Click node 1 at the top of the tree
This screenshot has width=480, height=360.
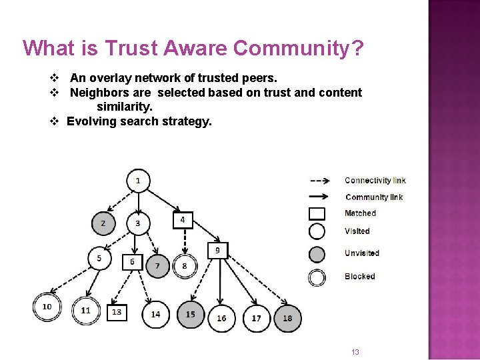138,181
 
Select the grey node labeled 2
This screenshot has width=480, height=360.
103,223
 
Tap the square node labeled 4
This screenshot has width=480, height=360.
183,220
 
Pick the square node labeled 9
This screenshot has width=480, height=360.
217,251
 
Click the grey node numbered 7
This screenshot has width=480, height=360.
158,266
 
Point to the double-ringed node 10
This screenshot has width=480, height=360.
47,307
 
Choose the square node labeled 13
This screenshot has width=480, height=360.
117,312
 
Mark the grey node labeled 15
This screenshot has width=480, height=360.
191,315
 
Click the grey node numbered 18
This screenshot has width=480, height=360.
287,318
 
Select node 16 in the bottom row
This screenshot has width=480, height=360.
221,318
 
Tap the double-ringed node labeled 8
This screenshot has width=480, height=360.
185,266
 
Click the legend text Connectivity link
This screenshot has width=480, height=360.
375,181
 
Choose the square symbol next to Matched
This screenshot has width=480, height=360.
317,213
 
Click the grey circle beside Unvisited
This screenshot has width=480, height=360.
317,254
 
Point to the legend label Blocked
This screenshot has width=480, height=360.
360,277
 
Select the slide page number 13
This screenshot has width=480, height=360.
355,352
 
